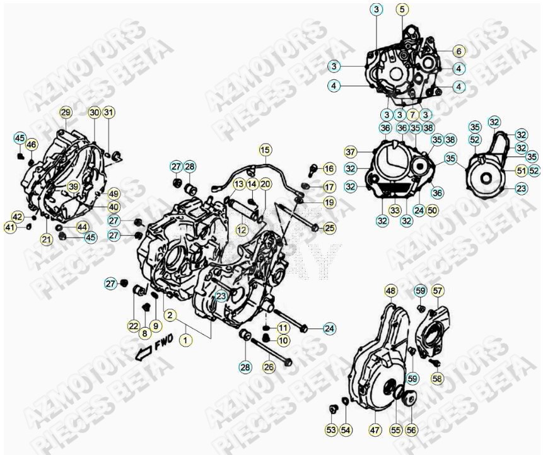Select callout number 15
click(x=265, y=150)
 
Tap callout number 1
click(x=185, y=340)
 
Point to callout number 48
click(x=391, y=291)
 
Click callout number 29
click(x=66, y=113)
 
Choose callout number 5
click(x=402, y=9)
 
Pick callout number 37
click(x=351, y=152)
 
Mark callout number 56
click(x=412, y=429)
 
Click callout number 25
click(x=330, y=227)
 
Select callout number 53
click(x=332, y=429)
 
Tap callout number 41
click(x=10, y=227)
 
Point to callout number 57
click(x=438, y=291)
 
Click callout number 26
click(x=269, y=367)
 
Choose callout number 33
click(x=395, y=210)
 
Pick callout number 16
click(x=329, y=169)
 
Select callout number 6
click(x=458, y=51)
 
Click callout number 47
click(x=375, y=429)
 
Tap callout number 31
click(x=109, y=113)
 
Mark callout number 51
click(x=521, y=171)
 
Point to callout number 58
click(x=438, y=379)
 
